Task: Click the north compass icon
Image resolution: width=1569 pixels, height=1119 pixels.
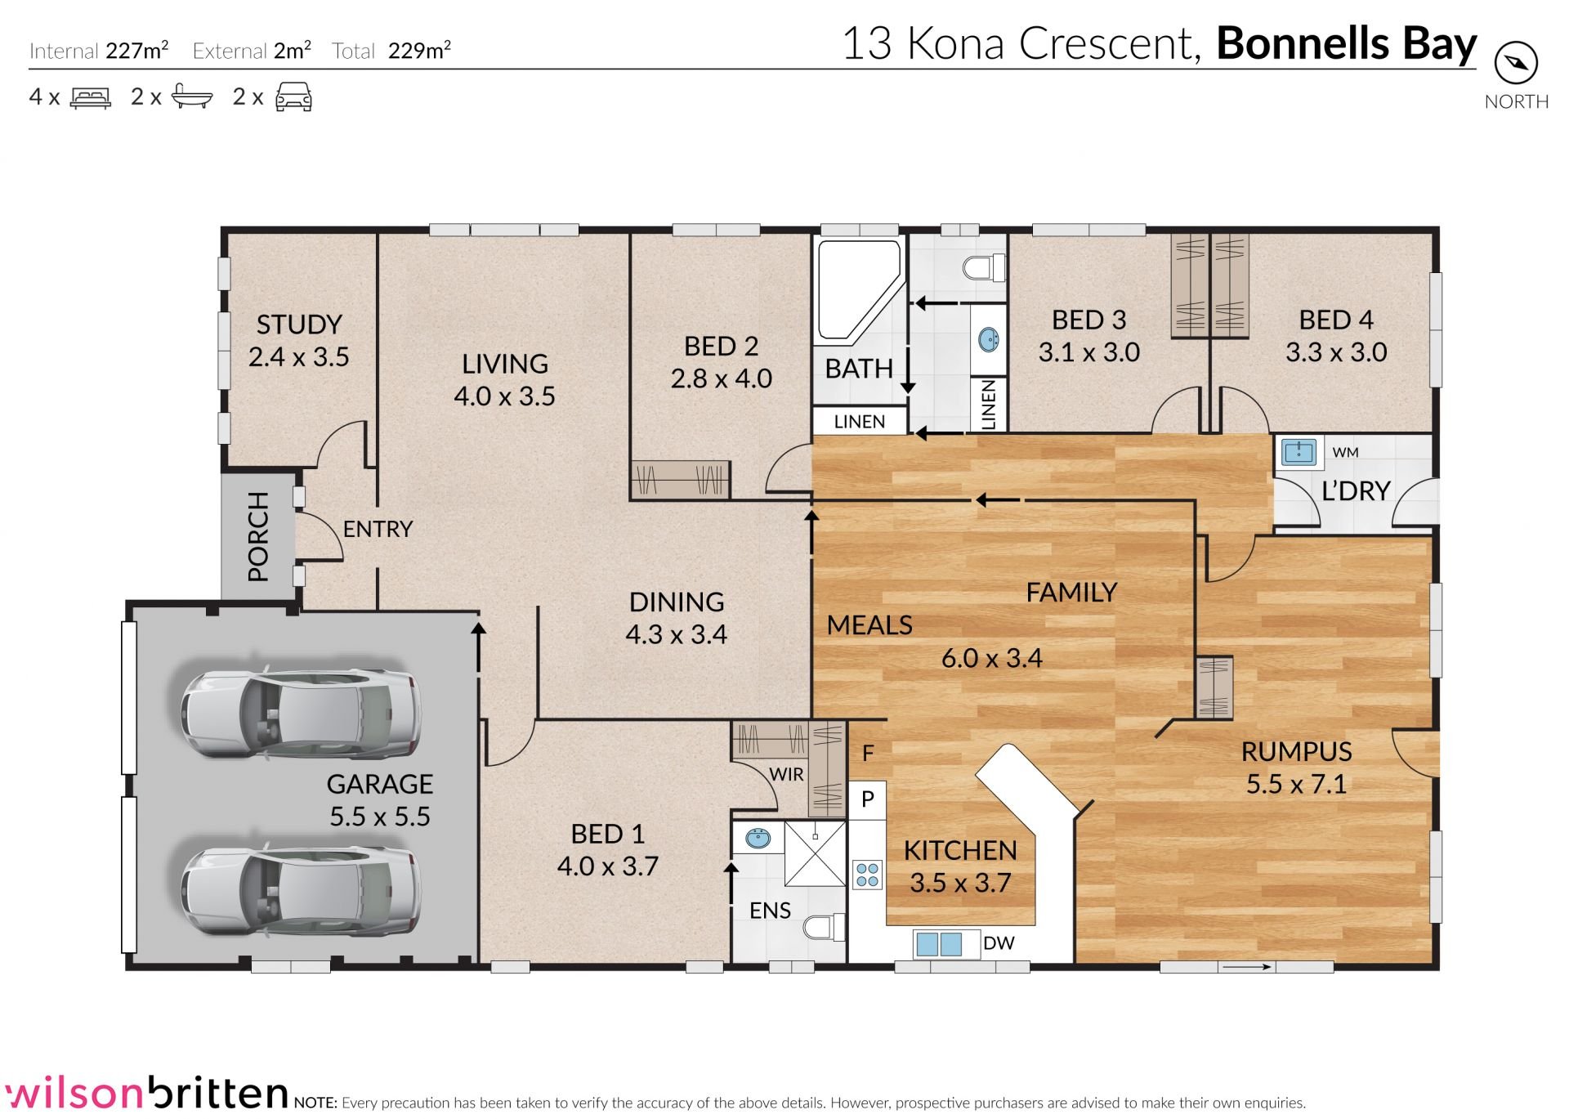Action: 1516,63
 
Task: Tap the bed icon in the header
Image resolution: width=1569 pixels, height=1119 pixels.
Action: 91,98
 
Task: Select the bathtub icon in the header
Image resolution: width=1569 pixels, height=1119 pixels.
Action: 192,97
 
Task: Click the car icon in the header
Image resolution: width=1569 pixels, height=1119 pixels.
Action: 294,96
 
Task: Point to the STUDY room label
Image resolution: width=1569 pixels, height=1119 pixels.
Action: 299,325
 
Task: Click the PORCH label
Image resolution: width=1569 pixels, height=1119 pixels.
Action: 258,537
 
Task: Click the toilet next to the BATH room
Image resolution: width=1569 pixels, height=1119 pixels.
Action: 984,267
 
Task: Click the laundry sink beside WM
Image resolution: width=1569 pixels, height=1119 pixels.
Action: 1298,451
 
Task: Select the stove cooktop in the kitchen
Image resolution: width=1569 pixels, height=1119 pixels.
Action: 868,875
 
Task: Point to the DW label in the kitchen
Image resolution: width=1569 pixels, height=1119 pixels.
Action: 999,943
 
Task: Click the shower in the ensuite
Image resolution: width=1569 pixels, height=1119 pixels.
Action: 816,853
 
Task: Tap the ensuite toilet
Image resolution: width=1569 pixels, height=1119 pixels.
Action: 824,928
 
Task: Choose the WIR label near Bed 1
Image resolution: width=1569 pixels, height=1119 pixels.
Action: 786,774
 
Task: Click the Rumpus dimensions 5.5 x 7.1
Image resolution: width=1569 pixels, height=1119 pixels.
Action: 1296,784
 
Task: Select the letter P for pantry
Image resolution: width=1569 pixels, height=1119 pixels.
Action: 868,799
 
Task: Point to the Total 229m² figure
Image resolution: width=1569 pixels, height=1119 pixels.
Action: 391,51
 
